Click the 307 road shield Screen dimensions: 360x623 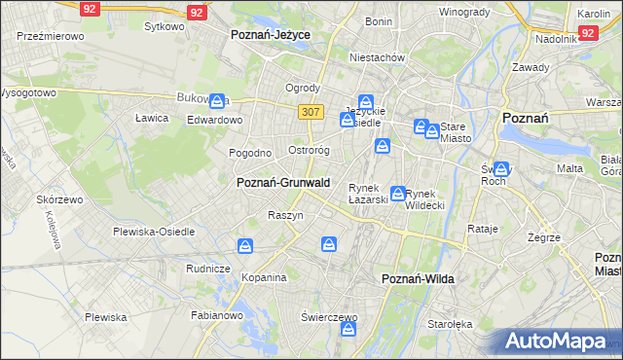(311, 112)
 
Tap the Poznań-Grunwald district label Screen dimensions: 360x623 (283, 182)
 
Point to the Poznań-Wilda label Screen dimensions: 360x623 (419, 278)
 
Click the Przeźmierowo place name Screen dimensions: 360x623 (50, 35)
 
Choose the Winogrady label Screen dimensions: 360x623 (464, 12)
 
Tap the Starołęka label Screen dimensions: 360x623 (450, 325)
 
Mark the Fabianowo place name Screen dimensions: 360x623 (217, 314)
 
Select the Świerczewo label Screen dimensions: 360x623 (329, 317)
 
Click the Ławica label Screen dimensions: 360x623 (152, 118)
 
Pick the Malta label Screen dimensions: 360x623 (569, 168)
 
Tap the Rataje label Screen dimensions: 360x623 (483, 230)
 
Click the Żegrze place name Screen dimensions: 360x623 (543, 237)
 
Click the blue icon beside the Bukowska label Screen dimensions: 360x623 (219, 98)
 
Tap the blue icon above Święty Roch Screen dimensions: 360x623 (501, 167)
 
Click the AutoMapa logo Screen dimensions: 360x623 (556, 341)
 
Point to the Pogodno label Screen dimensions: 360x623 (250, 153)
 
